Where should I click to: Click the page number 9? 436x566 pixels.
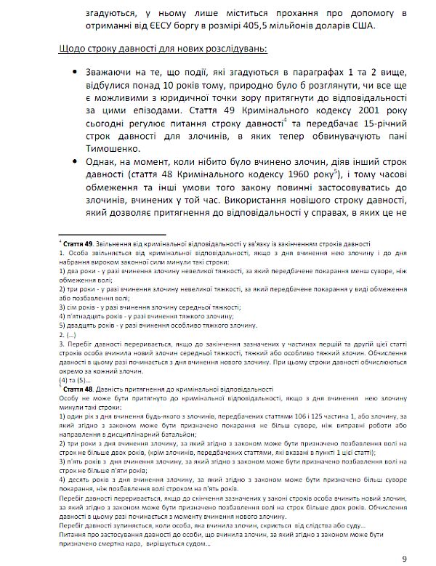(x=404, y=557)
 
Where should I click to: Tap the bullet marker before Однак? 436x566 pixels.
(x=76, y=164)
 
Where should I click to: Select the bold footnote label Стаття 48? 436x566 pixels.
(x=81, y=390)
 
